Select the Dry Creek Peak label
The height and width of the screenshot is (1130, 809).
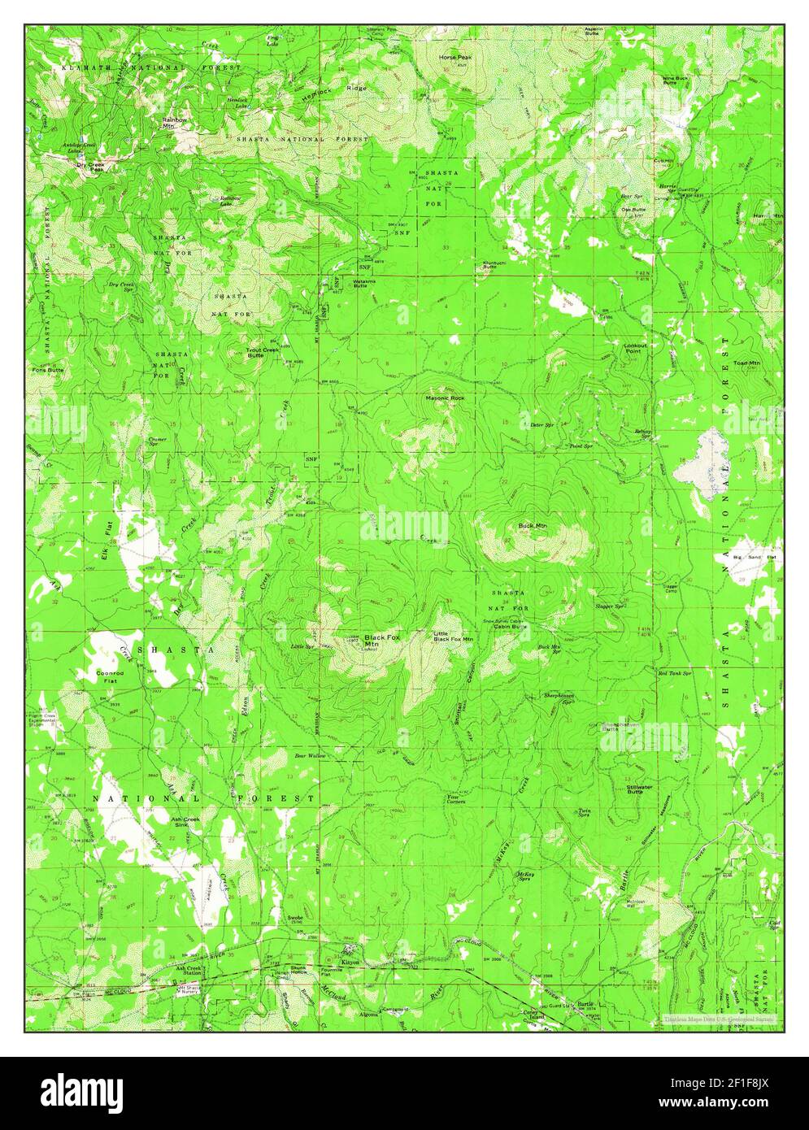(x=90, y=167)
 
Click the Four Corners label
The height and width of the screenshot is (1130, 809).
(x=458, y=799)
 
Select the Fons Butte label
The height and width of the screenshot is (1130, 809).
(x=48, y=370)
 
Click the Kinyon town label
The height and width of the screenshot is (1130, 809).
(x=350, y=961)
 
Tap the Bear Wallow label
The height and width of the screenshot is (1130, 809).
(x=310, y=756)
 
